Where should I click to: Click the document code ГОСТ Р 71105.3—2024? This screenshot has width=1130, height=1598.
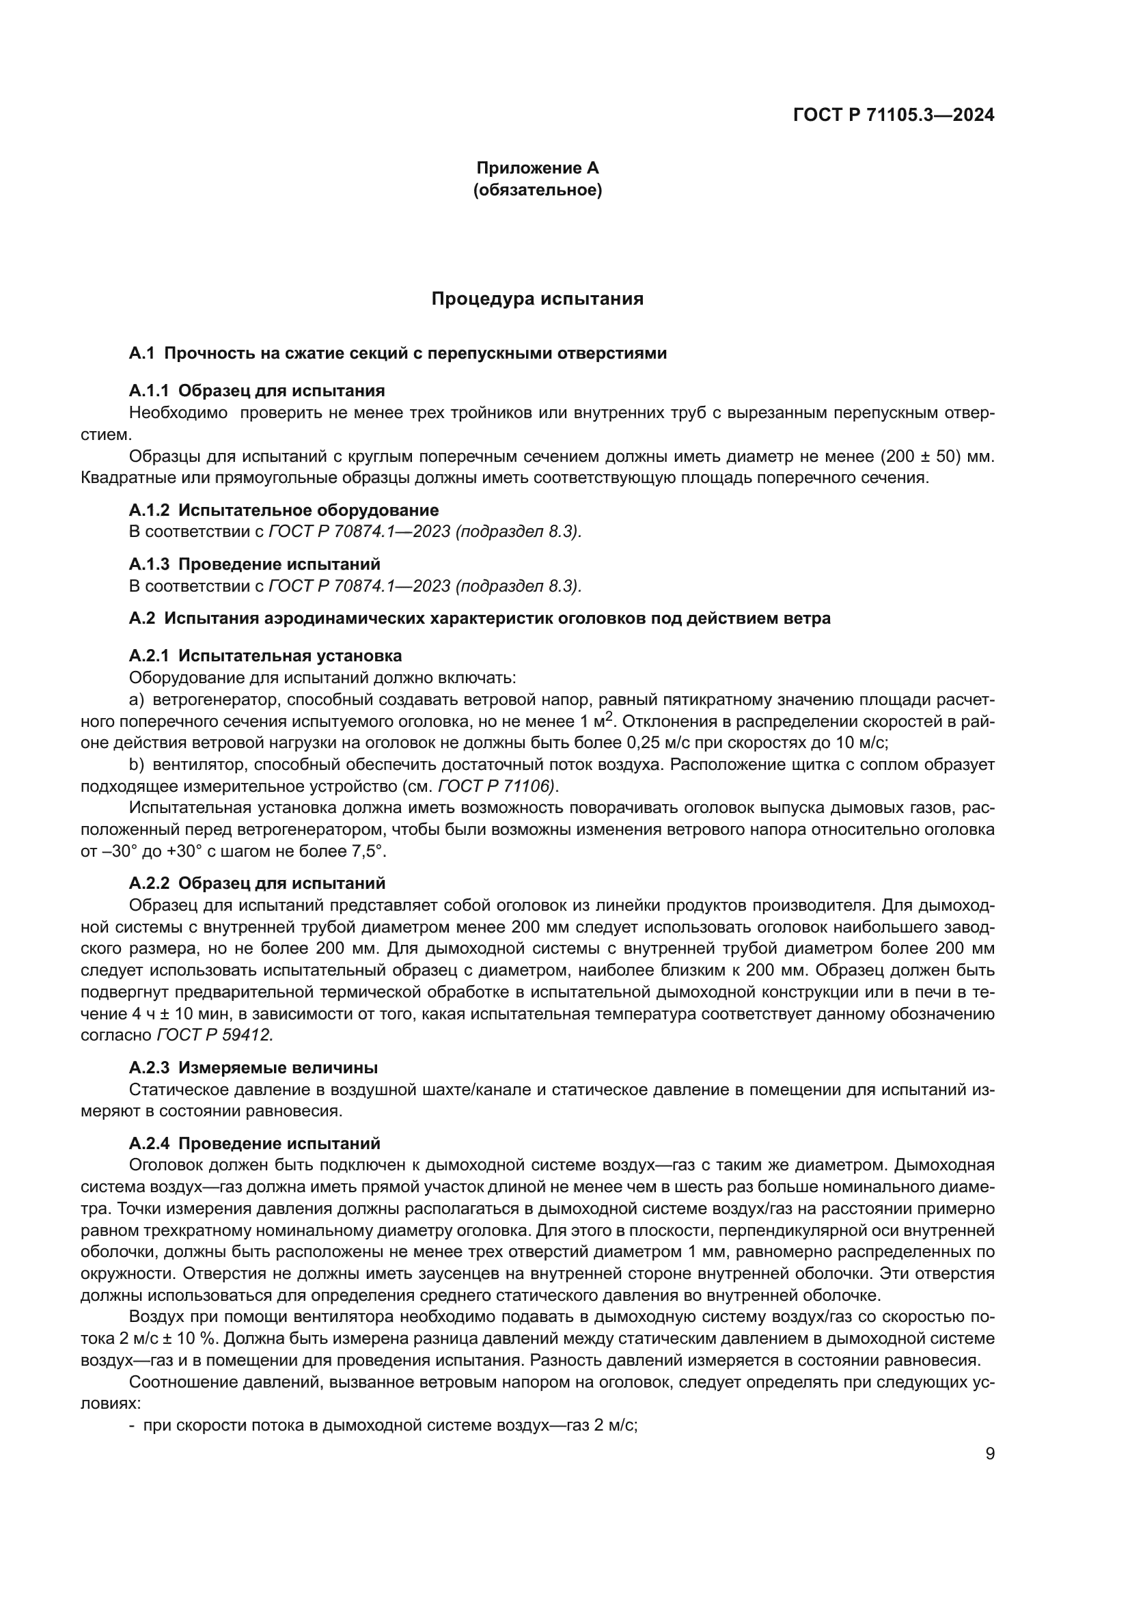894,115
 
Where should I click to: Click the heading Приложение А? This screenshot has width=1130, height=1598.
537,168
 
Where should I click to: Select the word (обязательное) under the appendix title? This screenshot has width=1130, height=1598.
537,190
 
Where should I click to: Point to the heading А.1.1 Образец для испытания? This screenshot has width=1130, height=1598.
257,391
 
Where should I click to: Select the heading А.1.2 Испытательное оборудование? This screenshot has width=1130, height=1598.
284,510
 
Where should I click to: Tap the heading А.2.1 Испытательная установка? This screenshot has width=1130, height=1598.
265,656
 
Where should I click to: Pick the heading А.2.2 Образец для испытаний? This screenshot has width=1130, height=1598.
257,883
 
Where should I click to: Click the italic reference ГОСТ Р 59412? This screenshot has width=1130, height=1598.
215,1035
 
